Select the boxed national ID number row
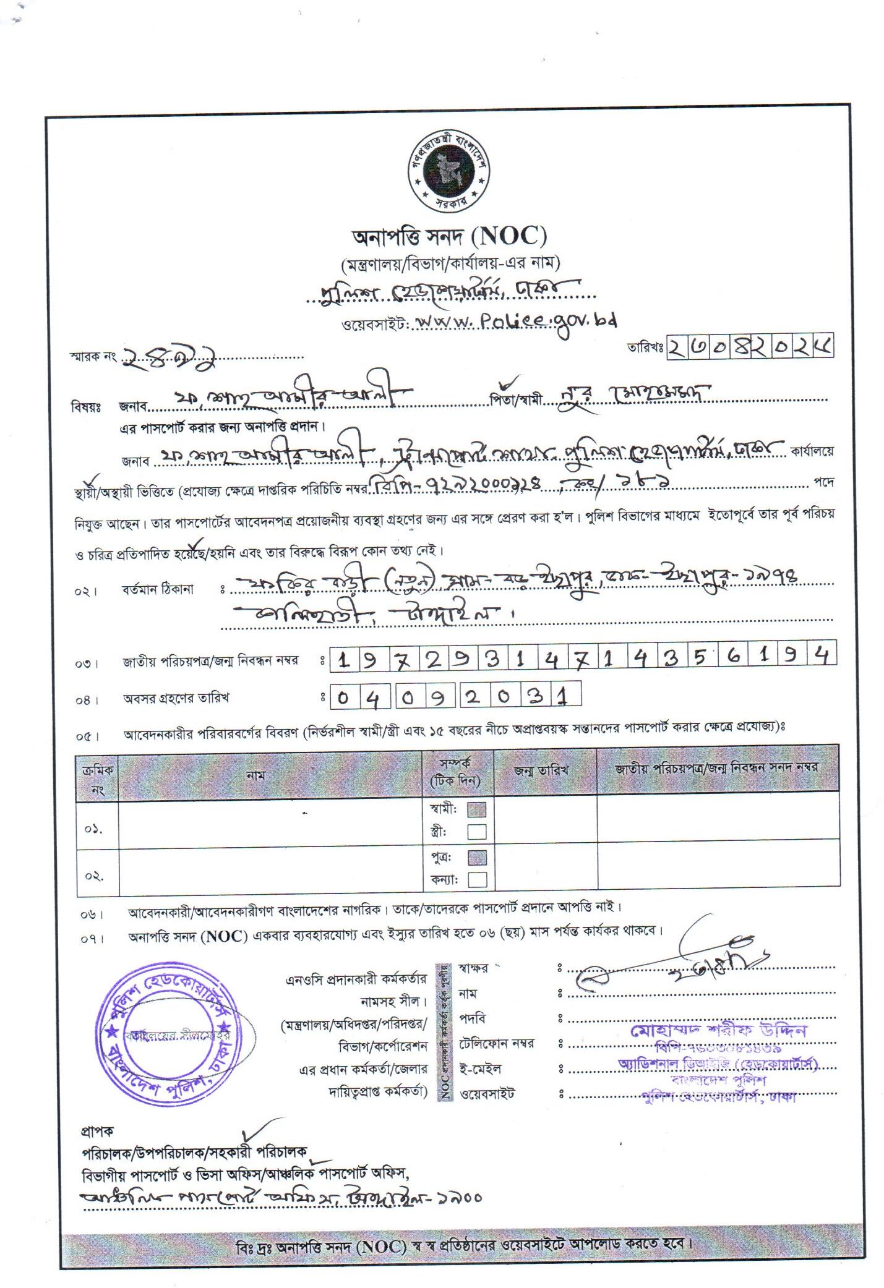pos(581,660)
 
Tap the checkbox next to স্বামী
pos(476,809)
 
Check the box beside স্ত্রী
pos(476,831)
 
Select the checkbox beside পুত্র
pos(476,858)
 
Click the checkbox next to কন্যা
pos(476,879)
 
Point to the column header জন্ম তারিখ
pos(541,770)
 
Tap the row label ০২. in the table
pos(95,876)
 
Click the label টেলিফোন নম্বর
pos(497,1044)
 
